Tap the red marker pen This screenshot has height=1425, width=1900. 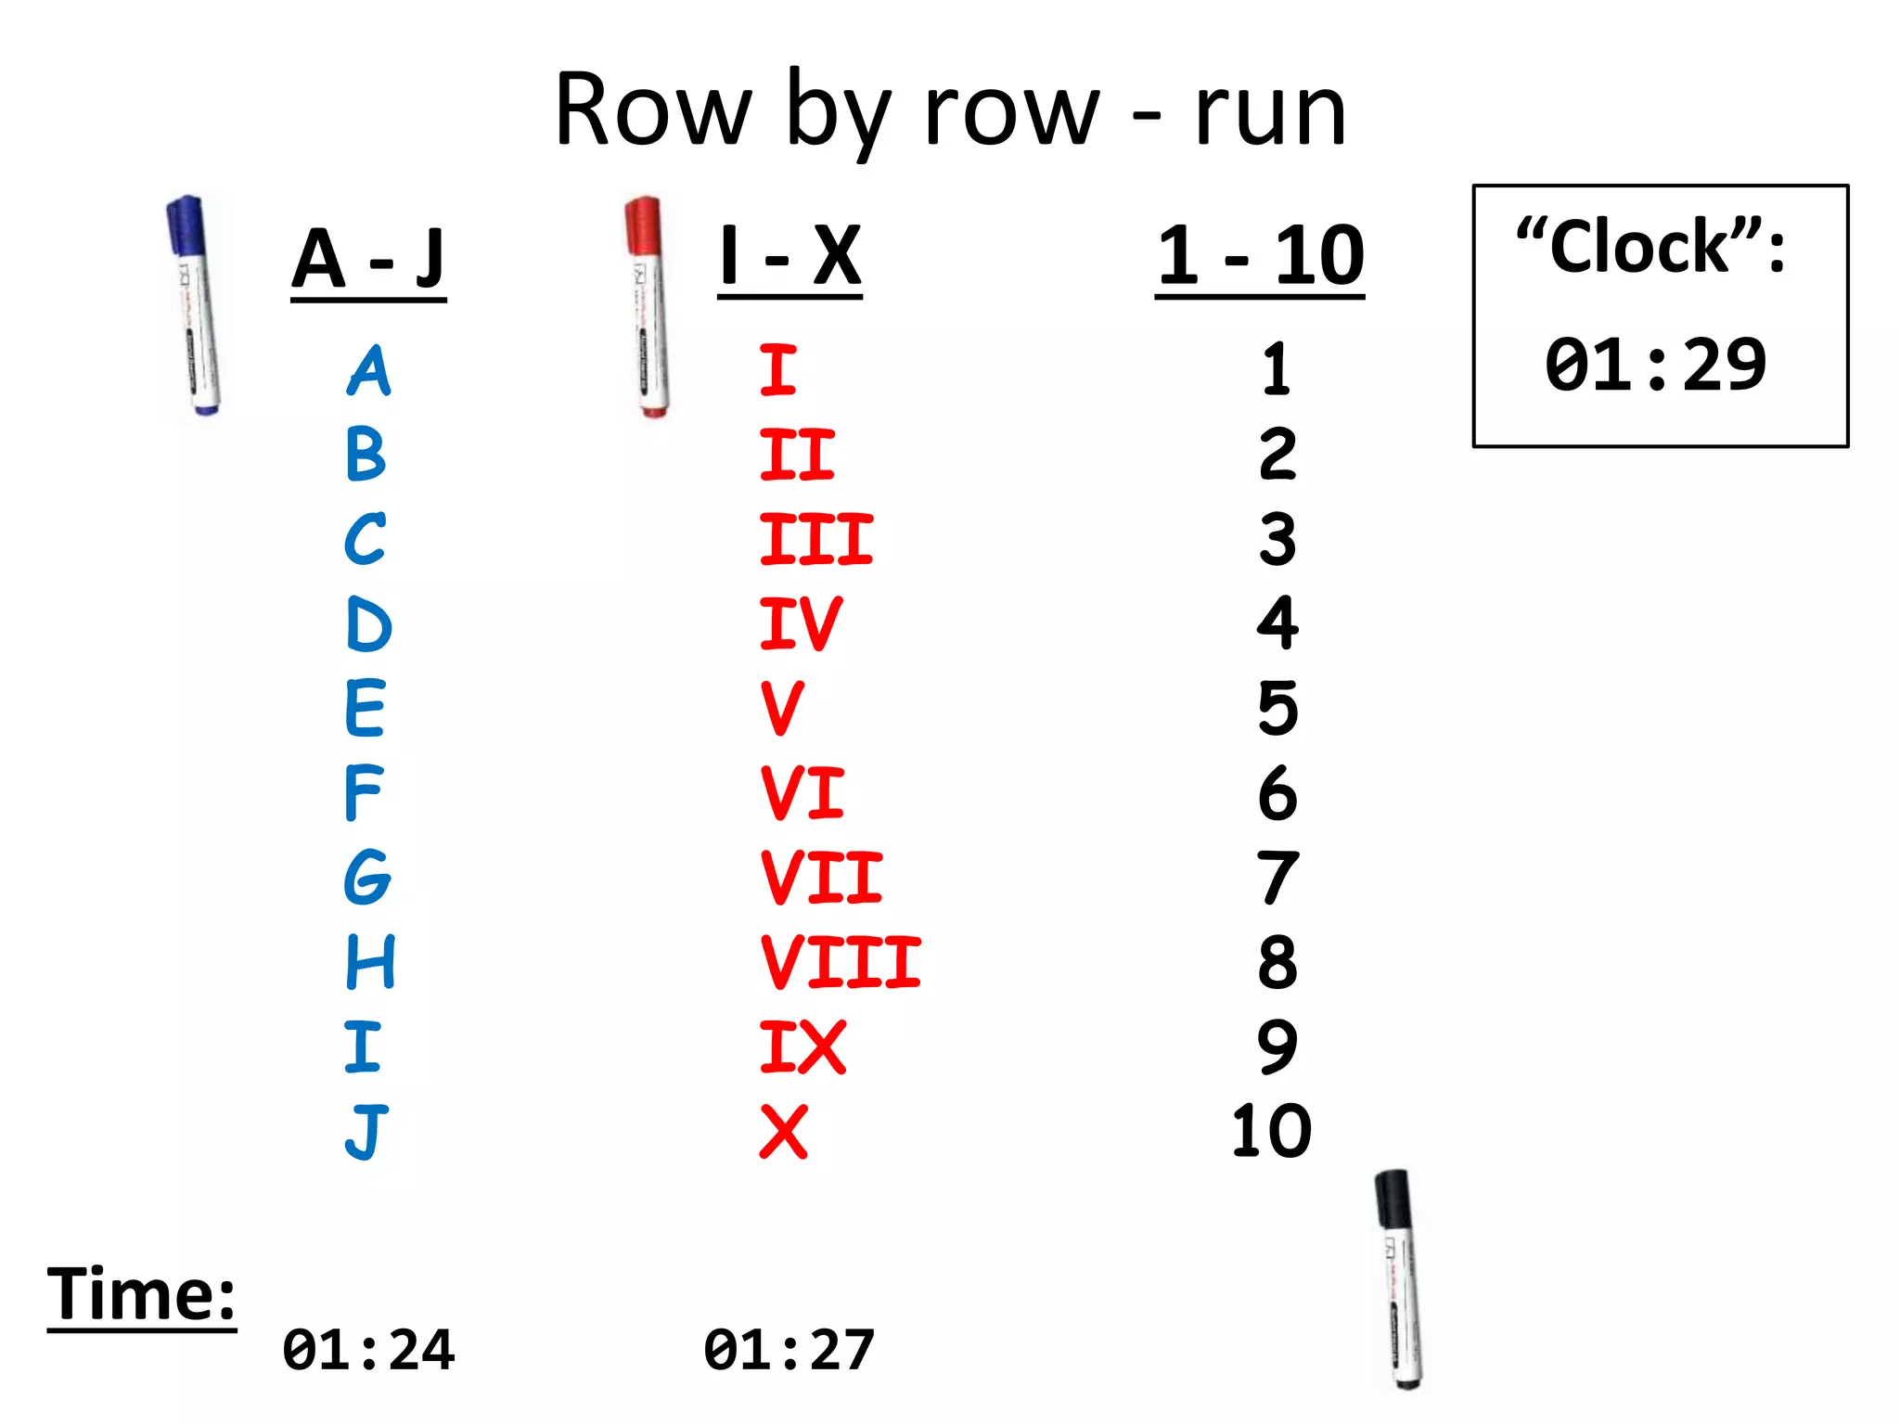[647, 306]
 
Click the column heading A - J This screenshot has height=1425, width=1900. [368, 260]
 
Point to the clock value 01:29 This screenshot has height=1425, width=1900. [1655, 365]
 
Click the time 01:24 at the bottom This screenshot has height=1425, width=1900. [368, 1350]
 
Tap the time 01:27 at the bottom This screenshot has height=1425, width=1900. [790, 1350]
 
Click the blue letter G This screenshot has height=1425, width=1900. [367, 877]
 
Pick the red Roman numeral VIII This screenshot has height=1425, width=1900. [841, 962]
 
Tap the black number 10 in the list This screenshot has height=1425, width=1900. [1271, 1131]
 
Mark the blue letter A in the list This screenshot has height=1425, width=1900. [369, 371]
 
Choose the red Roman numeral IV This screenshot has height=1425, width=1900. [801, 623]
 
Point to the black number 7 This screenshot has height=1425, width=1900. [1278, 878]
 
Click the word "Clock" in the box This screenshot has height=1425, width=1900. [1638, 247]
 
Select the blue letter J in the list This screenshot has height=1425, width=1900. [366, 1132]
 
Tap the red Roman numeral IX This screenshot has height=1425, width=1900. [802, 1047]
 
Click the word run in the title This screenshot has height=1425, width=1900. [1270, 111]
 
